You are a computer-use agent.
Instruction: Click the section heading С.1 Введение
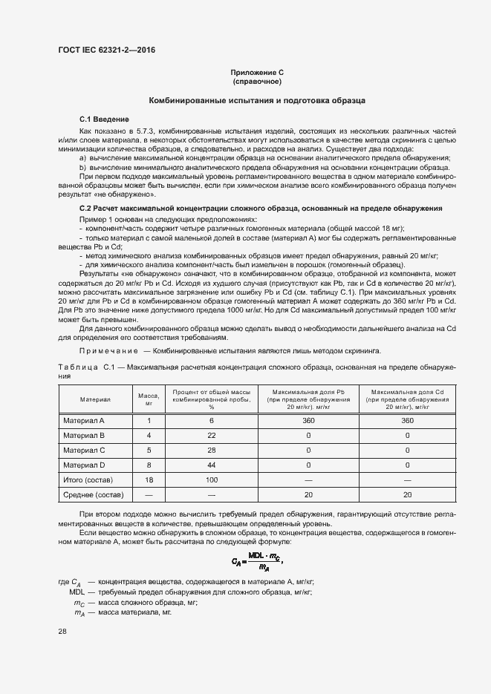coord(104,120)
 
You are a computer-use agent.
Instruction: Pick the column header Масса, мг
coord(149,399)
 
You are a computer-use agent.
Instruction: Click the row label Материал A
coord(84,421)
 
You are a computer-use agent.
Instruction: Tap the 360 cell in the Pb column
coord(308,421)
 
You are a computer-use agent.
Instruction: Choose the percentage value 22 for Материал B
coord(212,435)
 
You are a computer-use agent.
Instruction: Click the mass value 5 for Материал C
coord(149,450)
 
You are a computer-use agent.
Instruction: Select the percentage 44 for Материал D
coord(212,465)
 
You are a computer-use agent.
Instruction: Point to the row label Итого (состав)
coord(88,479)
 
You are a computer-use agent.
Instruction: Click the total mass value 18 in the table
coord(149,479)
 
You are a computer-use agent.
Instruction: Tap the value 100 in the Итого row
coord(212,479)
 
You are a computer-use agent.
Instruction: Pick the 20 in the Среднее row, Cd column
coord(407,494)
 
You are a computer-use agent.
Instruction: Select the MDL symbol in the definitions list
coord(77,593)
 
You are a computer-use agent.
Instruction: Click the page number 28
coord(62,631)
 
